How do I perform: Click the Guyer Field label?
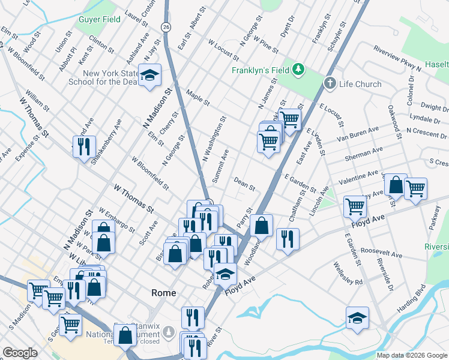[x=99, y=19]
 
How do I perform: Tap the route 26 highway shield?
[x=166, y=26]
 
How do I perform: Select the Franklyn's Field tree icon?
[x=298, y=70]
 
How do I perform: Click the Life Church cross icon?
[x=330, y=83]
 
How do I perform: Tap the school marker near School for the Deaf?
[x=149, y=76]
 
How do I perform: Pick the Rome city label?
[x=163, y=293]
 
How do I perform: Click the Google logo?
[x=20, y=353]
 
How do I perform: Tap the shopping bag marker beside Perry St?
[x=261, y=226]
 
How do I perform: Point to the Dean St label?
[x=244, y=183]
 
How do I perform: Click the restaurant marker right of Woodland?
[x=288, y=239]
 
